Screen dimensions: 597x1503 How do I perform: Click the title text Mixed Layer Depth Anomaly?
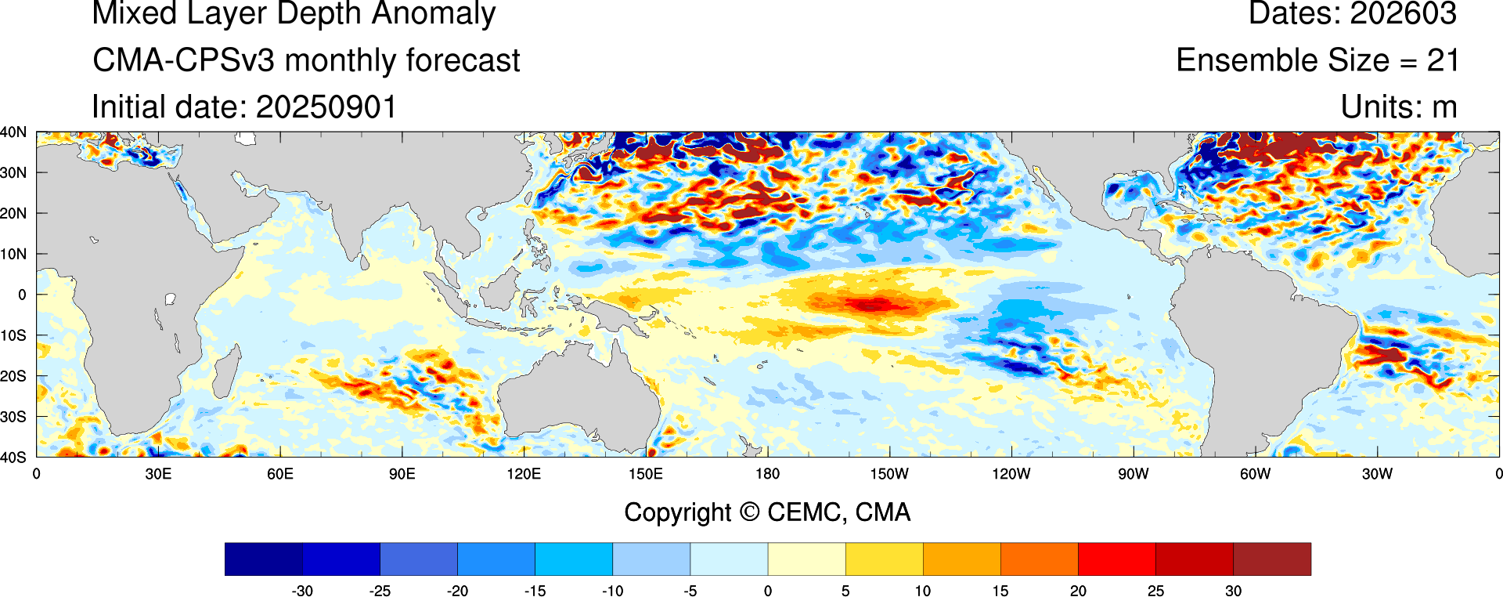tap(294, 14)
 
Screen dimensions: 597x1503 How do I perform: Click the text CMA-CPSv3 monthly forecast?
tap(306, 60)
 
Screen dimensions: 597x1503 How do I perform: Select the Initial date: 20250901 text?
tap(244, 107)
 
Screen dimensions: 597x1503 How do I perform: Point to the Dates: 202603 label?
tap(1352, 14)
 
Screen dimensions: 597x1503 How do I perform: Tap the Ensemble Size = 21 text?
tap(1317, 60)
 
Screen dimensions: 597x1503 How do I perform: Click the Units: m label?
tap(1398, 107)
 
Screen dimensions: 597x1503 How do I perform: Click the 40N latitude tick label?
tap(14, 132)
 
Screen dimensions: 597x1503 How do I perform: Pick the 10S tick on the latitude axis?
tap(14, 335)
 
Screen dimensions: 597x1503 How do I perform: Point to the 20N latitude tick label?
tap(14, 213)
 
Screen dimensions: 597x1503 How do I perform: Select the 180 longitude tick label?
tap(767, 474)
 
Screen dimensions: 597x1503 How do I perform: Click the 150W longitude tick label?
tap(889, 474)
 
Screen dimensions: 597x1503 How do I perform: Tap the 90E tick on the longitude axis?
tap(402, 474)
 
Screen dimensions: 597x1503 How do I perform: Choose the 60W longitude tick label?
tap(1255, 474)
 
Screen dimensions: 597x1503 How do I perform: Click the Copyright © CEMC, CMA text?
tap(767, 512)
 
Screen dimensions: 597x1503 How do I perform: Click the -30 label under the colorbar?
tap(302, 591)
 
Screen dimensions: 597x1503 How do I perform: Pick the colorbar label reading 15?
tap(1000, 591)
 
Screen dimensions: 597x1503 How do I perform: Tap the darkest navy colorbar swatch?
tap(264, 559)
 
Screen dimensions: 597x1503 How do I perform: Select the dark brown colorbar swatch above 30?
tap(1272, 559)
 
